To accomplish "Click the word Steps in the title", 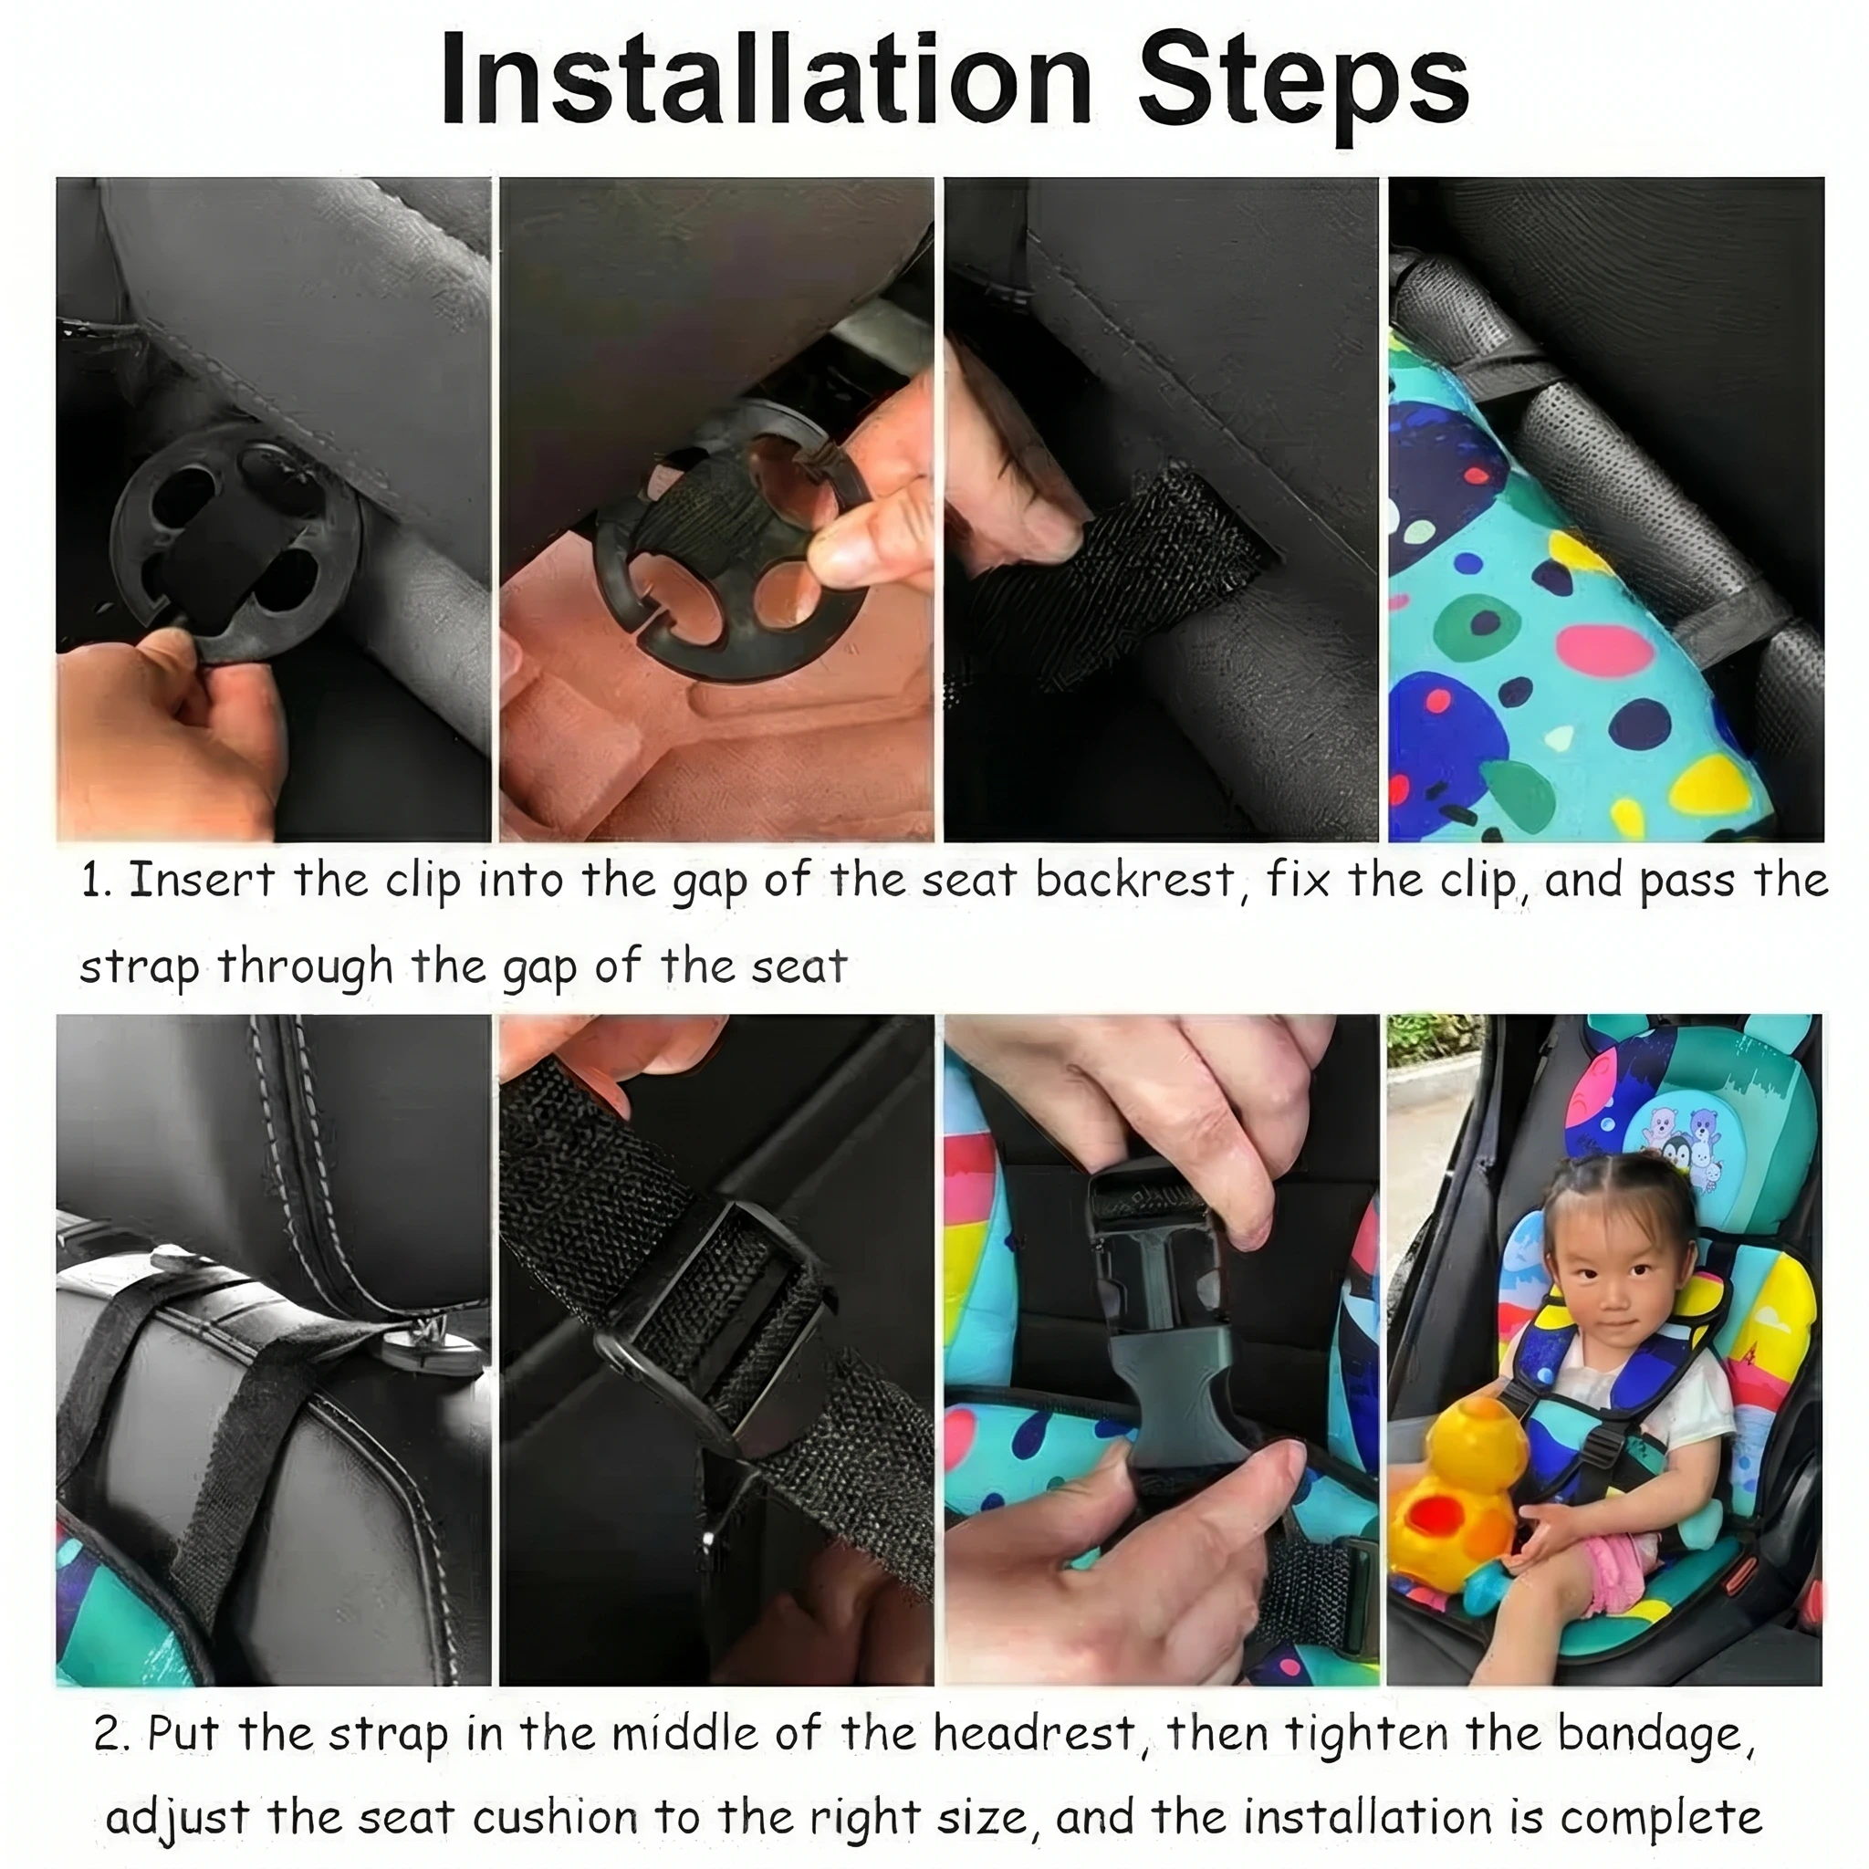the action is (x=1303, y=89).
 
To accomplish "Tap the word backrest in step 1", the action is (x=1134, y=880).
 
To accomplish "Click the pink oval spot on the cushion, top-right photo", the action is (x=1602, y=650).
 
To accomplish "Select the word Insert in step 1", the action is (x=201, y=880).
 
